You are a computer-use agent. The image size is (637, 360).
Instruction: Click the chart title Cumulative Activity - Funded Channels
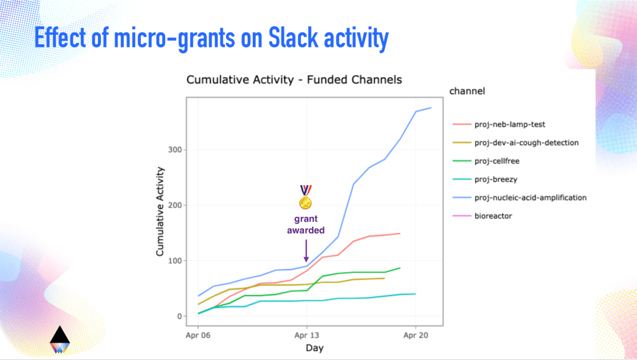click(x=294, y=80)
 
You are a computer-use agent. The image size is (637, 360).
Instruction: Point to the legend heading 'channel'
click(x=467, y=92)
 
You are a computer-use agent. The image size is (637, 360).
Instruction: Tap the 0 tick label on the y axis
click(x=179, y=316)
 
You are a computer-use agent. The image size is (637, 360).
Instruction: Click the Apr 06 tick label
click(x=198, y=334)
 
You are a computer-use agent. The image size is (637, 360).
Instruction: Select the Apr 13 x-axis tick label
click(x=306, y=334)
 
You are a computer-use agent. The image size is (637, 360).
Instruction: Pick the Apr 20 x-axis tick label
click(x=415, y=334)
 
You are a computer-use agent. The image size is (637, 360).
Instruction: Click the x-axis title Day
click(x=314, y=348)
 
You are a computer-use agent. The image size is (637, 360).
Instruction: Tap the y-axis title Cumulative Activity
click(x=160, y=211)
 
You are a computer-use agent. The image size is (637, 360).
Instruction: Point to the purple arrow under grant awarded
click(x=306, y=250)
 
